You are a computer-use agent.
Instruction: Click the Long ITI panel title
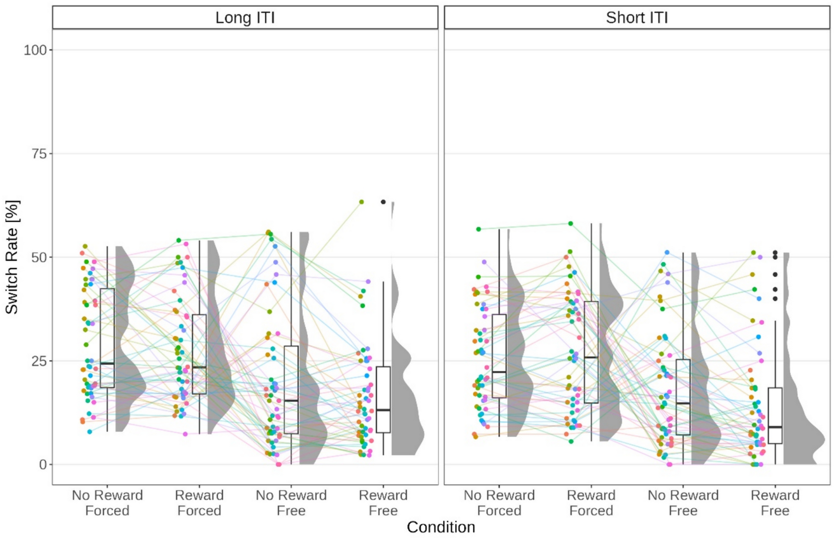click(245, 17)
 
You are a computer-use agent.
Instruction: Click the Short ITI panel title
click(637, 17)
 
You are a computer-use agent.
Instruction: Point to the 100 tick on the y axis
click(35, 50)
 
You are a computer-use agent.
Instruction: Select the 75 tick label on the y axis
click(39, 154)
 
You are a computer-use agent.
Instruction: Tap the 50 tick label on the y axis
click(39, 257)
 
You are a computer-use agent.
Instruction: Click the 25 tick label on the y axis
click(39, 361)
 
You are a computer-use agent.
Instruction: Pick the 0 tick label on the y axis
click(43, 465)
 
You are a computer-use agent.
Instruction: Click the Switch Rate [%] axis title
click(12, 257)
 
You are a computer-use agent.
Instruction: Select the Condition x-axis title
click(441, 527)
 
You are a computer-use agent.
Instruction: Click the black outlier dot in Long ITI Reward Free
click(383, 202)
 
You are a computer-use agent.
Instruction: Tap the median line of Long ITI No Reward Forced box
click(107, 363)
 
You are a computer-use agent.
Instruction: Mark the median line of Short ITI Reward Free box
click(775, 427)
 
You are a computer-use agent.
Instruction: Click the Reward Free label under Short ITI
click(775, 503)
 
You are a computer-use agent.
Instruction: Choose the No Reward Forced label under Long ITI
click(107, 503)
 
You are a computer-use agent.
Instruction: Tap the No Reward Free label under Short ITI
click(683, 503)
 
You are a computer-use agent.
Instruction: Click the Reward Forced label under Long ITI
click(199, 503)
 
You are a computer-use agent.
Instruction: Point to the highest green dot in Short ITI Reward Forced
click(571, 224)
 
